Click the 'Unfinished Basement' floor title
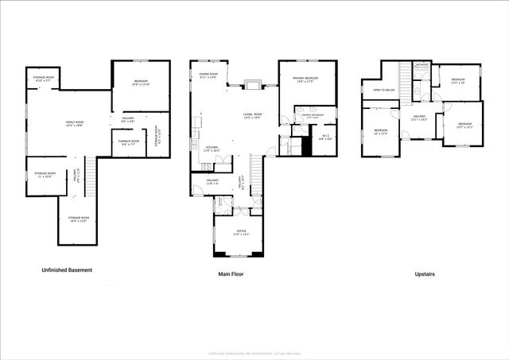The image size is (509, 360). click(x=67, y=270)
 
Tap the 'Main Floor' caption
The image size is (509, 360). click(x=231, y=274)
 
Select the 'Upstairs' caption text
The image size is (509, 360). click(x=424, y=274)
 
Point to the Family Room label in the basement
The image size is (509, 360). click(x=75, y=123)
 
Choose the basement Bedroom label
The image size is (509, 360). click(x=140, y=82)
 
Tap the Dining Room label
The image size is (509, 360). click(x=209, y=75)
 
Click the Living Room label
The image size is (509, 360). click(x=253, y=116)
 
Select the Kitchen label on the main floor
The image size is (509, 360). click(x=212, y=149)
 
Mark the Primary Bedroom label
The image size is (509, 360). click(x=305, y=79)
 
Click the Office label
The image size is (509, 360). click(x=240, y=232)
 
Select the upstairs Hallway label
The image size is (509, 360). click(x=419, y=118)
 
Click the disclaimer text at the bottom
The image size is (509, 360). click(x=254, y=353)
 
